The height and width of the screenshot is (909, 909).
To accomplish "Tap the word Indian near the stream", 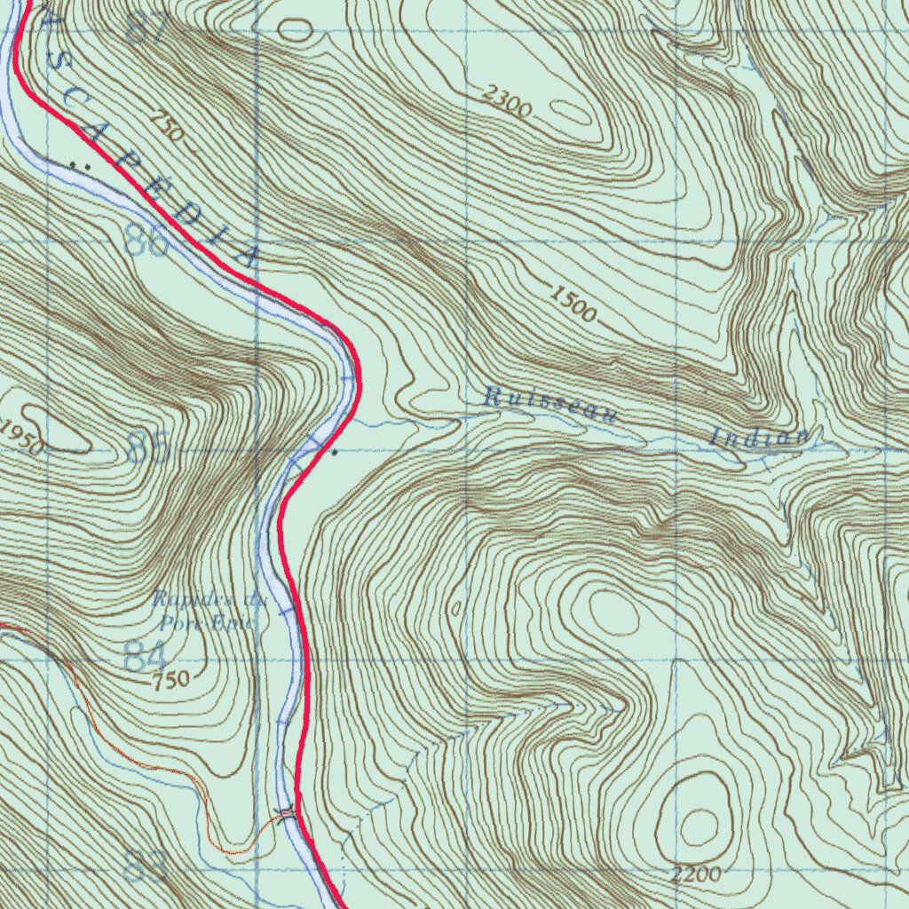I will coord(759,436).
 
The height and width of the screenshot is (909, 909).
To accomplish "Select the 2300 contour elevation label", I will coord(508,102).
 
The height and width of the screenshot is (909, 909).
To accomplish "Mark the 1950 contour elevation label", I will coord(20,436).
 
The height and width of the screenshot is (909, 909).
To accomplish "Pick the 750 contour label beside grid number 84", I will coord(170,681).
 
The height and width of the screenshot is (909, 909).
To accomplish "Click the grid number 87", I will coord(147,30).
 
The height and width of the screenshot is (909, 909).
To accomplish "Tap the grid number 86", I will coord(146,241).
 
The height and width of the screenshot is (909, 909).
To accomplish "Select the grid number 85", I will coord(147,448).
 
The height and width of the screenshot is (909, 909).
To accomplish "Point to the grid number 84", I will coord(146,658).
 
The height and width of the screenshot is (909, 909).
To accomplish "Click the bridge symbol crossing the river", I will coord(286,813).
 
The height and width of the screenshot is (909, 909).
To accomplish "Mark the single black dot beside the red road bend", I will coord(334,454).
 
